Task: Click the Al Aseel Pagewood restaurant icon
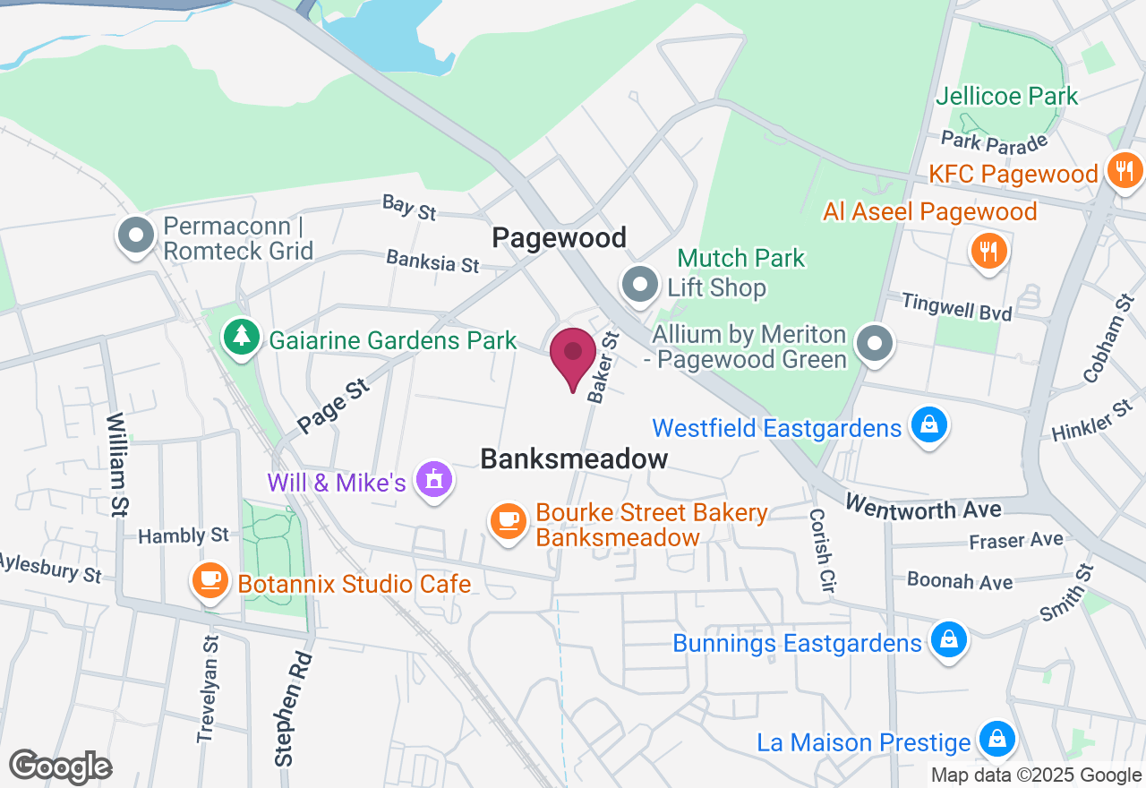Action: [988, 250]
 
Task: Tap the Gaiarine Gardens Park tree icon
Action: [240, 336]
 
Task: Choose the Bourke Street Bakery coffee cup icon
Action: [509, 520]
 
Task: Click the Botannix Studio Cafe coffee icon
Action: [210, 580]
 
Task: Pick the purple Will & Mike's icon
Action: [435, 481]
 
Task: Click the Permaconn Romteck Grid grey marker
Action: [137, 236]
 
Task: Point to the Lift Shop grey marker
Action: [640, 285]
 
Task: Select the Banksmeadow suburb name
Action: [574, 458]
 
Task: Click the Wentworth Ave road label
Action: [922, 506]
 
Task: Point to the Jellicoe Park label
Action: [1007, 96]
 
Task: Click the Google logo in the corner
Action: [60, 767]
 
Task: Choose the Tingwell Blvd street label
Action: [957, 307]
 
